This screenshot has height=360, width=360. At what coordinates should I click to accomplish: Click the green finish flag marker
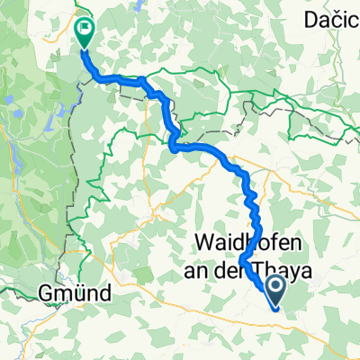pos(84,32)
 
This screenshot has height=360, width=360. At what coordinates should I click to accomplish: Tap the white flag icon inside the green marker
pos(84,29)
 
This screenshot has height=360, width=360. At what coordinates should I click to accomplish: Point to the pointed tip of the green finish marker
pos(84,46)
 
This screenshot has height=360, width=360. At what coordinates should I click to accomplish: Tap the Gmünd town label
pos(75,293)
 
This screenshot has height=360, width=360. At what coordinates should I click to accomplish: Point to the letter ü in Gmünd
pos(78,293)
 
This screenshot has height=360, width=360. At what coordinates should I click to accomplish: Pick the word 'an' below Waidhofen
pos(208,266)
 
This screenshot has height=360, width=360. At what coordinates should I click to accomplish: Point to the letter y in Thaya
pos(293,269)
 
